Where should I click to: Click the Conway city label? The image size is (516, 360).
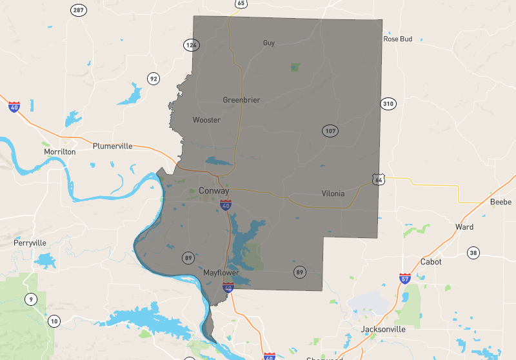coord(213,191)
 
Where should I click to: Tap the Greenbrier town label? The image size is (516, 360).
coord(241,100)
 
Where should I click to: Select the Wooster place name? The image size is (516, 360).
coord(206,120)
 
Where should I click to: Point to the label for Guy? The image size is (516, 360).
coord(269,43)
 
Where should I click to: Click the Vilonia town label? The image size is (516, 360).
coord(333,194)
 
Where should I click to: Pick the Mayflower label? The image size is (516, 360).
coord(221,273)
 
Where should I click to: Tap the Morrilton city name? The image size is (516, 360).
coord(59,152)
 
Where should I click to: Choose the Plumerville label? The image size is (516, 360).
coord(112,146)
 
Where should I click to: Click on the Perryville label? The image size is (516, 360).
coord(30,243)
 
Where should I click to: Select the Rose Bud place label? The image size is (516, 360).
coord(397,39)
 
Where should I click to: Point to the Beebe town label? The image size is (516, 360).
coord(501,202)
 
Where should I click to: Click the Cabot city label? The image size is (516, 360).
coord(431,262)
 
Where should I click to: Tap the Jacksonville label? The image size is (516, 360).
coord(383,329)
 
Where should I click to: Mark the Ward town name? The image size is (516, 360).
coord(464,227)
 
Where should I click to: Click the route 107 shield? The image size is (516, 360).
coord(330,131)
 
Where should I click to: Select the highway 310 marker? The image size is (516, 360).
coord(388,103)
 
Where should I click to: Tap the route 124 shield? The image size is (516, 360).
coord(191,45)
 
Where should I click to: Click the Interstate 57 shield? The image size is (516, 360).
coord(404,279)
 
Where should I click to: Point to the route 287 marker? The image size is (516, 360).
coord(79,10)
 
